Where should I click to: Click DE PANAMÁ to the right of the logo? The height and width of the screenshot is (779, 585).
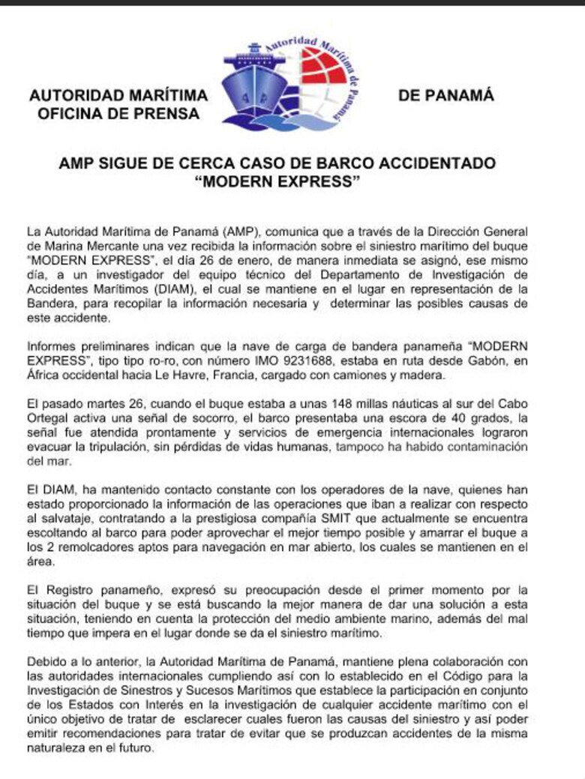pos(446,96)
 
